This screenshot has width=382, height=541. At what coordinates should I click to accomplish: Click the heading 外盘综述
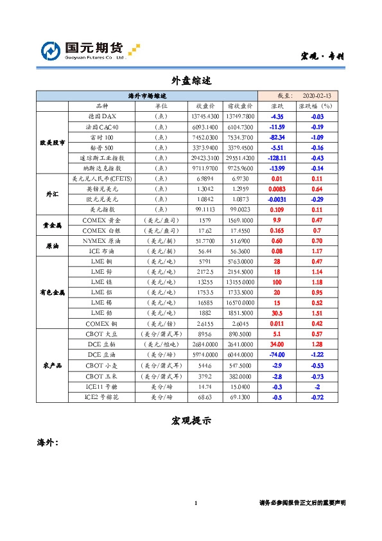tap(191, 82)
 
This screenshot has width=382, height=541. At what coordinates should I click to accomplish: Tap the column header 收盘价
tap(205, 106)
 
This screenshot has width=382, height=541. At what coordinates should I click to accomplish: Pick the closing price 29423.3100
tap(205, 157)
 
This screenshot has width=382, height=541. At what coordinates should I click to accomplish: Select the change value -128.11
tap(277, 157)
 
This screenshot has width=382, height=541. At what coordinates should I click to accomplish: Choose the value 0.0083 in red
tap(277, 189)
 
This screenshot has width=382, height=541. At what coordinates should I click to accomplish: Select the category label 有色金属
tap(52, 292)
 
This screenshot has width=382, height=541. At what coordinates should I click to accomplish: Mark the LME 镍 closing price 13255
tap(205, 281)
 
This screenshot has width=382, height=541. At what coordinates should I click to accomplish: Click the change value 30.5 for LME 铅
tap(277, 312)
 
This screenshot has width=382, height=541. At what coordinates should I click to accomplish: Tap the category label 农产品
tap(52, 365)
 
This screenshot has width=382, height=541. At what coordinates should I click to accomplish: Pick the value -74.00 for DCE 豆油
tap(277, 354)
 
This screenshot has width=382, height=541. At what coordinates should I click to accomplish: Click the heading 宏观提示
tap(191, 421)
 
